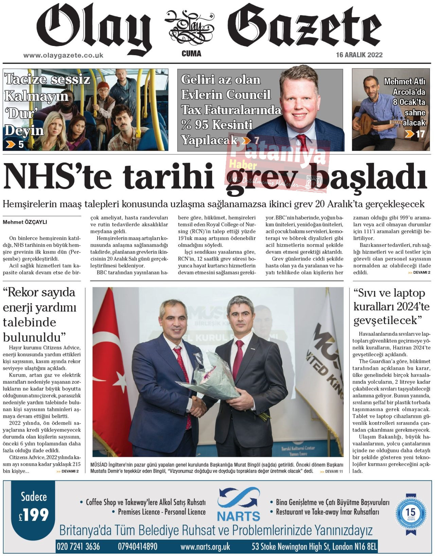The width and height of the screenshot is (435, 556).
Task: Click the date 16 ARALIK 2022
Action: (359, 55)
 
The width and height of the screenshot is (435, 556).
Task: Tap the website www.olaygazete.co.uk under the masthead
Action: (63, 55)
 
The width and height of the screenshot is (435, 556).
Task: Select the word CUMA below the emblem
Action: (191, 54)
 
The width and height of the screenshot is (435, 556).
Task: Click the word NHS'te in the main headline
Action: (58, 176)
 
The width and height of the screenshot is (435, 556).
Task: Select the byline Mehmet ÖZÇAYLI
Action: (25, 222)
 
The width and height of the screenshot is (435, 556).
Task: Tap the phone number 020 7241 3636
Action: (79, 546)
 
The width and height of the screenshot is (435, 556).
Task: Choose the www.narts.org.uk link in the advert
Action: (205, 547)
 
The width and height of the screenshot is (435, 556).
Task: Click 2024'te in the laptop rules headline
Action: (411, 307)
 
